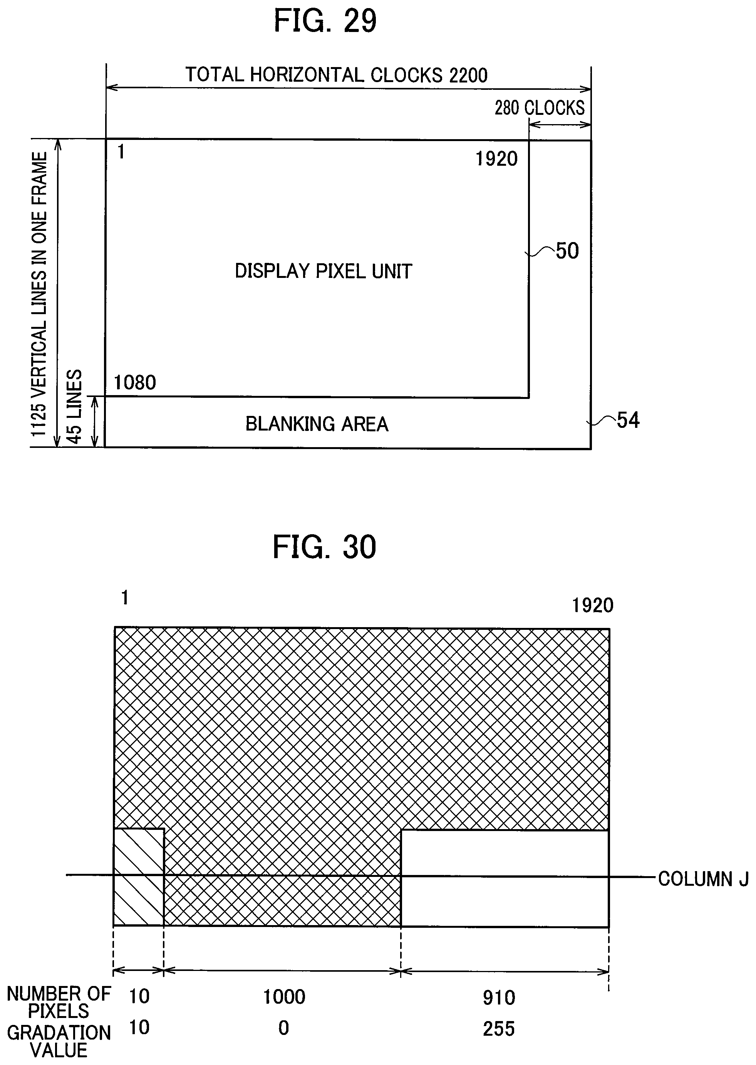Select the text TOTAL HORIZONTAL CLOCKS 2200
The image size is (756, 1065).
coord(336,75)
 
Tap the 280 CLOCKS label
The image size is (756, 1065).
coord(539,108)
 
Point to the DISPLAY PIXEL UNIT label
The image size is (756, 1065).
coord(324,271)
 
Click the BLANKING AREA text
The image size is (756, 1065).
coord(317,424)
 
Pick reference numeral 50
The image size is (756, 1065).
coord(567,251)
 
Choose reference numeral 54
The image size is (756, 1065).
coord(628,420)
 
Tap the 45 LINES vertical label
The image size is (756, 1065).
coord(74,407)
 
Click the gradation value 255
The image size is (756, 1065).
coord(499,1029)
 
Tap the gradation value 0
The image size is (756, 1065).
coord(283,1028)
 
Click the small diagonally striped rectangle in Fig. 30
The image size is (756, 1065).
coord(139,877)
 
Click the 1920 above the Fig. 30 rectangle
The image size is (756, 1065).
coord(592,606)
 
